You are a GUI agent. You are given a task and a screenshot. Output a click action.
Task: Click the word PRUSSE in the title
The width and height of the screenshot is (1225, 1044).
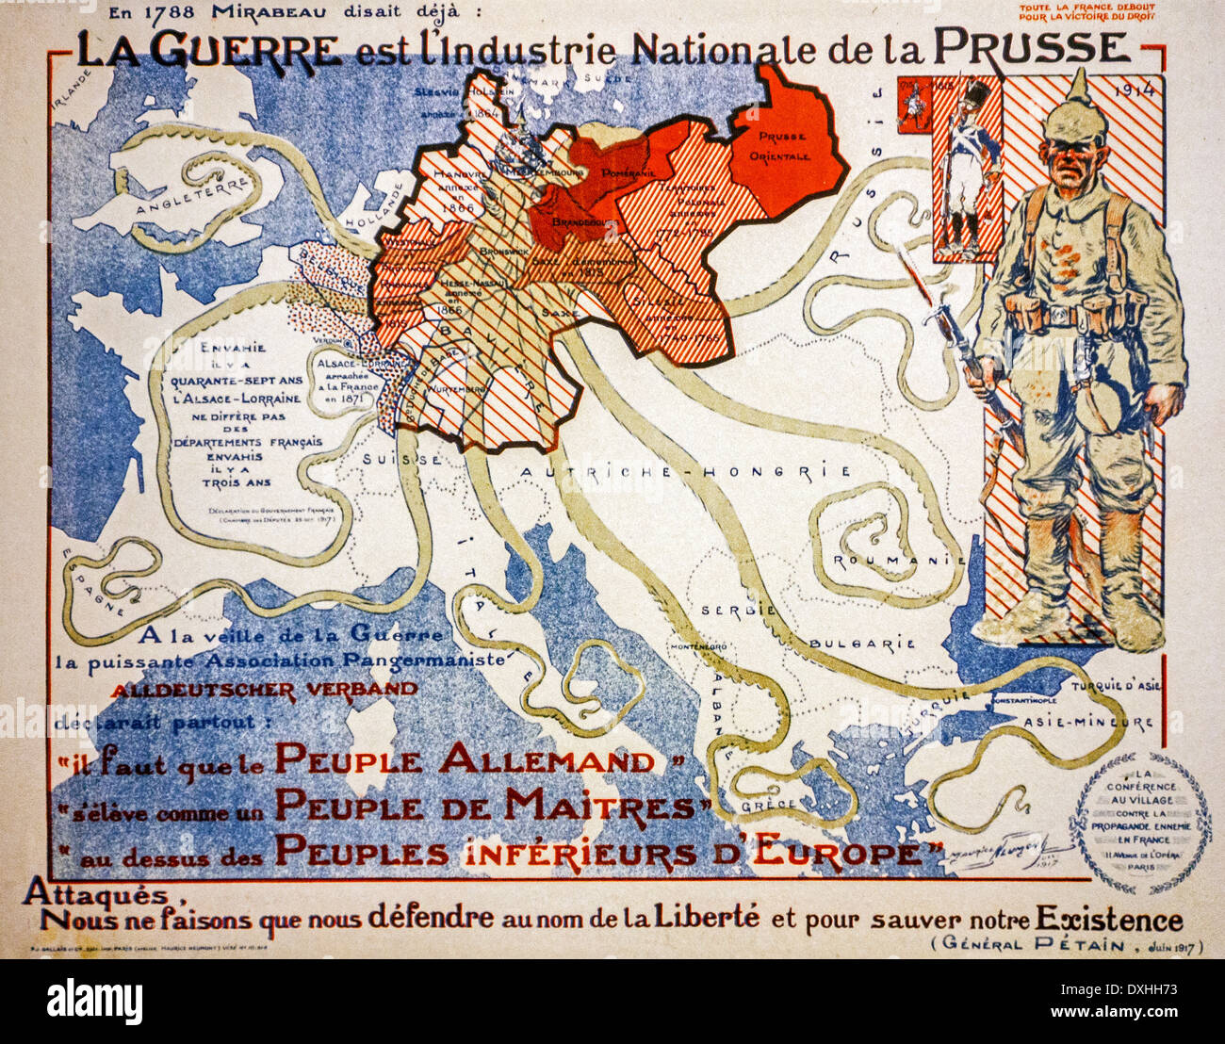1031,47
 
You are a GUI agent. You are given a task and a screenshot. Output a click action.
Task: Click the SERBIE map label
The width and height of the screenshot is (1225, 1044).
738,610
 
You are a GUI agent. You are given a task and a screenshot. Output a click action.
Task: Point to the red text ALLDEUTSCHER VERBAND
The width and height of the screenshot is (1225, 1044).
265,689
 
